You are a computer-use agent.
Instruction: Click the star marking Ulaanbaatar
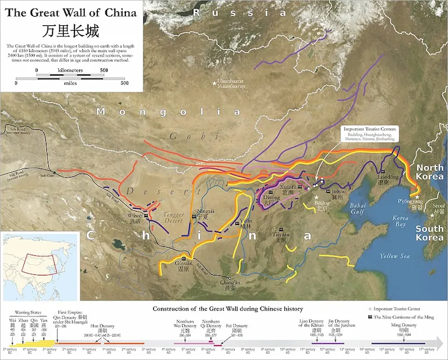point(213,83)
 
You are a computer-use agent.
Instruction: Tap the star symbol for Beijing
point(316,198)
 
